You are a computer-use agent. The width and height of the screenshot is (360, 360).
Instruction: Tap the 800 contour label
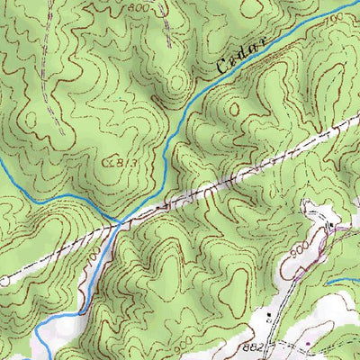[137, 7]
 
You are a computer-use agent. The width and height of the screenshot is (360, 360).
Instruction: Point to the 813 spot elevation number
[119, 163]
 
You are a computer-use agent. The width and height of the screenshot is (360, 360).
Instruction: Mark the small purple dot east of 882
[309, 343]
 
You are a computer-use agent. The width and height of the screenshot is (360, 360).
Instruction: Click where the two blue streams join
[120, 220]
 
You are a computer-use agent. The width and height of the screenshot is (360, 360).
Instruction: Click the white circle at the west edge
[4, 281]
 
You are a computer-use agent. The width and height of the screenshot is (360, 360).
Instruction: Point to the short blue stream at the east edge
[342, 282]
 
